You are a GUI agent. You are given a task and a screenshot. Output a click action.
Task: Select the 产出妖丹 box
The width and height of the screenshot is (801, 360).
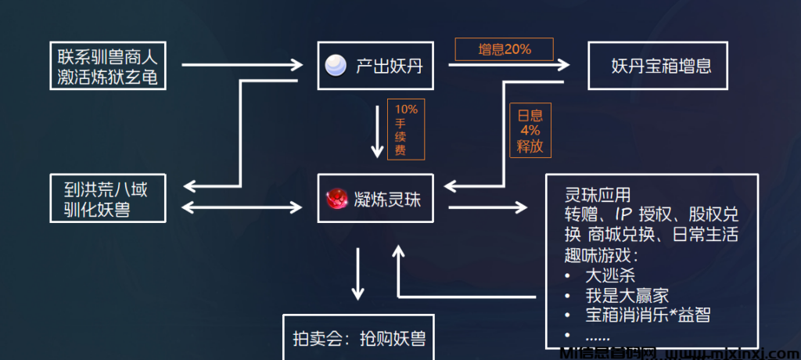tap(375, 66)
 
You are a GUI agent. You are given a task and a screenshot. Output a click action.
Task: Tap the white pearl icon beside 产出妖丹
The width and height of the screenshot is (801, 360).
tap(336, 66)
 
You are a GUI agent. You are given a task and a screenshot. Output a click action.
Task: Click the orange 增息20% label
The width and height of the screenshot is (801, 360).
tap(504, 49)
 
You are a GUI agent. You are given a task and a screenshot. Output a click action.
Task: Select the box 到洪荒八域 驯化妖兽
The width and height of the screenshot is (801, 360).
tap(108, 199)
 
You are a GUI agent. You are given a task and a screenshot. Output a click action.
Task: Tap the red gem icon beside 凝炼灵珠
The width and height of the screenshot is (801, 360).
tap(337, 199)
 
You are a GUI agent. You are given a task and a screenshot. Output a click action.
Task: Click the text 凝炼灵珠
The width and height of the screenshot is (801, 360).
tap(387, 199)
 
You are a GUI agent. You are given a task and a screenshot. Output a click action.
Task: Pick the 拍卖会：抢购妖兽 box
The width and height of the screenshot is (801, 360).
tap(359, 338)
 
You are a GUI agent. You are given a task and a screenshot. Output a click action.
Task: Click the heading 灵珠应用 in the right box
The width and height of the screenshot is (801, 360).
tap(596, 194)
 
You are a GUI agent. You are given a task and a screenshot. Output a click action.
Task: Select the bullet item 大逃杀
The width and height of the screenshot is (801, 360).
tap(610, 275)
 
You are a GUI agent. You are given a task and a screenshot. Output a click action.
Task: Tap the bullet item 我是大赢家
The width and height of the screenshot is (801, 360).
tap(627, 296)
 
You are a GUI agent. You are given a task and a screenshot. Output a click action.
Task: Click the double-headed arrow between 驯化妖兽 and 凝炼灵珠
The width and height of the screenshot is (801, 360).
tap(242, 207)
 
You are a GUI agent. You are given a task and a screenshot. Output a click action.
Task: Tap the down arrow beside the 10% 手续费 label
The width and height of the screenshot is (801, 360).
tap(377, 128)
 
